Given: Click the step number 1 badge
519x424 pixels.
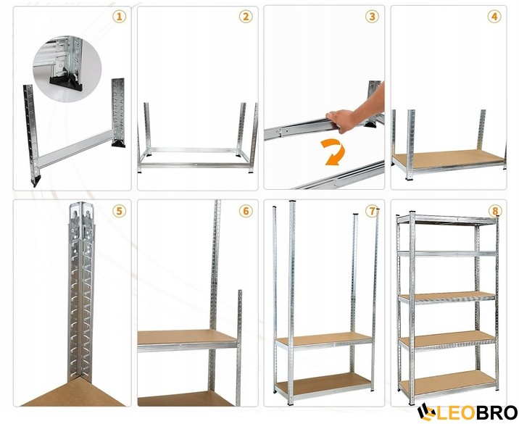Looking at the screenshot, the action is pyautogui.click(x=119, y=16).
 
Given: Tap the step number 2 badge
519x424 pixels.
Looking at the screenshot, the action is pyautogui.click(x=246, y=16).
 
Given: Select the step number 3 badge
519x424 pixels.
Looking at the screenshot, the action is pyautogui.click(x=372, y=16).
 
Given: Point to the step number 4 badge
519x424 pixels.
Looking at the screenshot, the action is pyautogui.click(x=494, y=16).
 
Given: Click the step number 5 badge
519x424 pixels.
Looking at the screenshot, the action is pyautogui.click(x=119, y=211).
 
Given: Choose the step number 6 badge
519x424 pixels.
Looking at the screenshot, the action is pyautogui.click(x=246, y=211).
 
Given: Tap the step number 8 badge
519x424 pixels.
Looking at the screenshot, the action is pyautogui.click(x=495, y=211).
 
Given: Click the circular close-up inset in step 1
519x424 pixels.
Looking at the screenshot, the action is pyautogui.click(x=67, y=69).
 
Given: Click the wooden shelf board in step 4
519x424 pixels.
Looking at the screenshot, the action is pyautogui.click(x=449, y=159).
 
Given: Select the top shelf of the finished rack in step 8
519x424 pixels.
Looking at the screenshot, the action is pyautogui.click(x=447, y=219).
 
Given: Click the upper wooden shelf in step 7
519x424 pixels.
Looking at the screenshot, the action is pyautogui.click(x=325, y=340).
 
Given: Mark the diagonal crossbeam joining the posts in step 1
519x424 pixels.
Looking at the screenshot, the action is pyautogui.click(x=75, y=149).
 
